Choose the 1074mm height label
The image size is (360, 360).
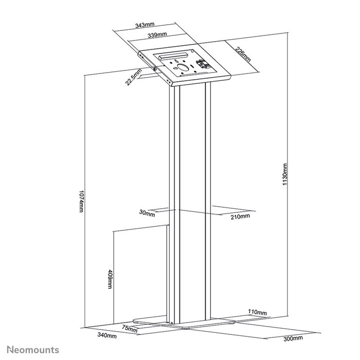point(80,200)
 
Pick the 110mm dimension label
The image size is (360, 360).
point(258,312)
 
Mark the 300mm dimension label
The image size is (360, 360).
point(295,339)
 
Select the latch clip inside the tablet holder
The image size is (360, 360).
point(202,65)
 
